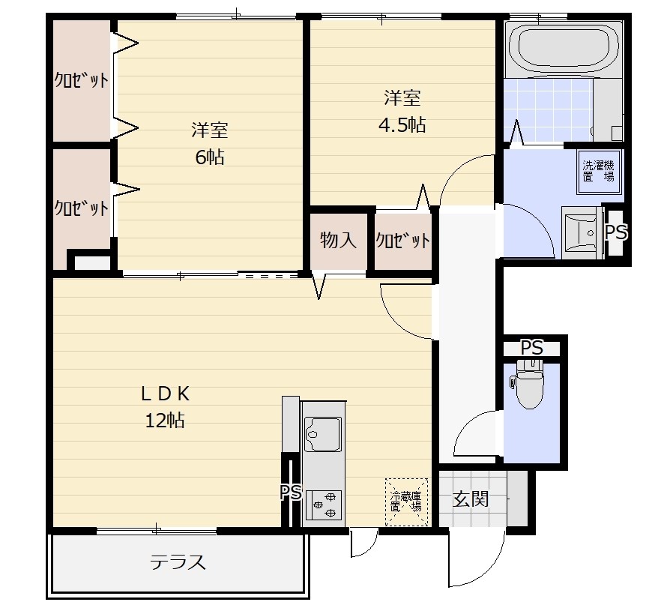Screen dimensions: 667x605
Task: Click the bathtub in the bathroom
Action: coord(564,48)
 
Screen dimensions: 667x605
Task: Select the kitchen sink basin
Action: coord(323,434)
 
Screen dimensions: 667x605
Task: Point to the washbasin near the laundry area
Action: coord(582,232)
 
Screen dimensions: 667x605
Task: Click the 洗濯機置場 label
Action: coord(599,171)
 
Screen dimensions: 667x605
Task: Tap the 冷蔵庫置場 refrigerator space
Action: coord(406,502)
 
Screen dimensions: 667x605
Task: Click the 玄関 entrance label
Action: coord(470,499)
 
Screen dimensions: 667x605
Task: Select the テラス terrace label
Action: coord(178,562)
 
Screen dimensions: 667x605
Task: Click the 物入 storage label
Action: coord(338,240)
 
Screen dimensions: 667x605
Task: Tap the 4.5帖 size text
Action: coord(402,125)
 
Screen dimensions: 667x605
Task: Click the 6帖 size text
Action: coord(210,157)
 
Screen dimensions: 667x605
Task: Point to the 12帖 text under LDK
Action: coord(165,421)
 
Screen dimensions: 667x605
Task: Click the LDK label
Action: coord(165,394)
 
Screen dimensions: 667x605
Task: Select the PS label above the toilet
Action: coord(532,348)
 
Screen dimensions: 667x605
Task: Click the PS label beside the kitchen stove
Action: coord(291,493)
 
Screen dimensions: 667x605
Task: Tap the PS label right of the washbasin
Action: coord(616,232)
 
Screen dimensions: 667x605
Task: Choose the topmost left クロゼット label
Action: coord(81,79)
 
